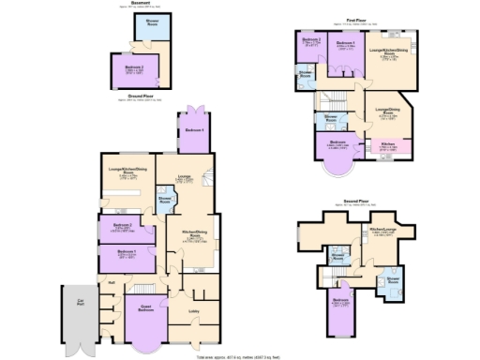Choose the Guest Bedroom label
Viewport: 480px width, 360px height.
point(146,309)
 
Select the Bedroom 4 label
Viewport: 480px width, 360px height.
point(191,129)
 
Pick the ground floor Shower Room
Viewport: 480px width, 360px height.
point(164,199)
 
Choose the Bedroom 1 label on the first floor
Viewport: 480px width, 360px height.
point(346,43)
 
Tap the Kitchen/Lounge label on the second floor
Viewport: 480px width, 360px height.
point(383,230)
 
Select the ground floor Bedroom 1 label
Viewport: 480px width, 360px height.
point(127,254)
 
